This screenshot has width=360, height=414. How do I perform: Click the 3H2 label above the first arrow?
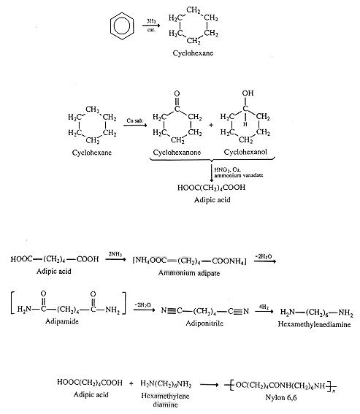(151, 21)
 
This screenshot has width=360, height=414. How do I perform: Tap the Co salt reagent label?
(134, 120)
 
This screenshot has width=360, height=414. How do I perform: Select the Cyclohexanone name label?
(177, 153)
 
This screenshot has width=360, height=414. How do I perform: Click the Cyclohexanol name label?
(245, 152)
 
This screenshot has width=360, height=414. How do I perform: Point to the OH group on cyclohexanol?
(248, 93)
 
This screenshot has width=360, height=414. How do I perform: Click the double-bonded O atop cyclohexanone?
(177, 93)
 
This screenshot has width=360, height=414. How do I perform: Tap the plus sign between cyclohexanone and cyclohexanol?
(211, 125)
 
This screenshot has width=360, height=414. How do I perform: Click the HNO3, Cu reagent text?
(227, 170)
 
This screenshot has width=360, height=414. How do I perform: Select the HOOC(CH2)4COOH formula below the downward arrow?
(211, 188)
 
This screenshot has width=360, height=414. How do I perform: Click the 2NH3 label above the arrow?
(115, 254)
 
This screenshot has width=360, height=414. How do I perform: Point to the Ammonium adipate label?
(189, 273)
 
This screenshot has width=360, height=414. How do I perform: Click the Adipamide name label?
(62, 321)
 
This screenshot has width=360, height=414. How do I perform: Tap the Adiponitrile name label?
(204, 323)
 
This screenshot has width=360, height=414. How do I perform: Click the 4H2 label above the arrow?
(264, 307)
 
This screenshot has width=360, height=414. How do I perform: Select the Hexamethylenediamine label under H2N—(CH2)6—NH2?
(314, 324)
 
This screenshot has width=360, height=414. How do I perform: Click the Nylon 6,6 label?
(281, 397)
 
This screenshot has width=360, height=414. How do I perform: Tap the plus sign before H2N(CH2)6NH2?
(131, 383)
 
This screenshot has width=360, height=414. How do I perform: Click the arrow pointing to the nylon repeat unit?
(209, 384)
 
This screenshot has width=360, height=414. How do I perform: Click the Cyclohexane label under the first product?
(193, 53)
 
